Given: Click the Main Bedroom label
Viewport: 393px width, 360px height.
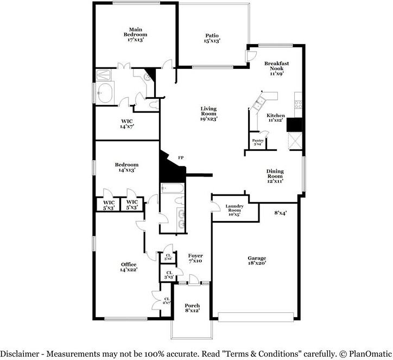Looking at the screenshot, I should click(x=135, y=34).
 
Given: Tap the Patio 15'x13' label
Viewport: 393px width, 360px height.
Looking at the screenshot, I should click(x=212, y=37).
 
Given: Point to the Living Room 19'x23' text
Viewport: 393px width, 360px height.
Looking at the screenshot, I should click(x=208, y=113).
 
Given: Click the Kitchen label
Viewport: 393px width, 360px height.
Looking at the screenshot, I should click(x=275, y=118).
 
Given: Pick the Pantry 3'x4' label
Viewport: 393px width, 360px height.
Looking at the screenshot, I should click(x=258, y=142).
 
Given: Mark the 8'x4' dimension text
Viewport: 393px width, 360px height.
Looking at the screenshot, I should click(x=280, y=213).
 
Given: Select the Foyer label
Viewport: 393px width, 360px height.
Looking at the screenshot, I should click(x=195, y=258).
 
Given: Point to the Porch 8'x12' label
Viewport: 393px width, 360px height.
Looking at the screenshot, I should click(x=192, y=308).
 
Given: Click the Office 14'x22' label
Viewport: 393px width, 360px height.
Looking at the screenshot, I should click(x=129, y=267).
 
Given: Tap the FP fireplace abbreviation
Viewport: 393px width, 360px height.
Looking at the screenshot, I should click(x=181, y=157).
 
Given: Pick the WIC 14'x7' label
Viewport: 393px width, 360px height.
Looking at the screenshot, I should click(x=126, y=124).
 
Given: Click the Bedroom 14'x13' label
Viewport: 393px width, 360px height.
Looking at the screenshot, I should click(x=126, y=167).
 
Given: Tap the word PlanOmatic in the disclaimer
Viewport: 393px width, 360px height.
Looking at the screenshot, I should click(x=366, y=353).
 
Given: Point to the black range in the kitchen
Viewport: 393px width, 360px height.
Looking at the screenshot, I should click(x=294, y=125).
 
